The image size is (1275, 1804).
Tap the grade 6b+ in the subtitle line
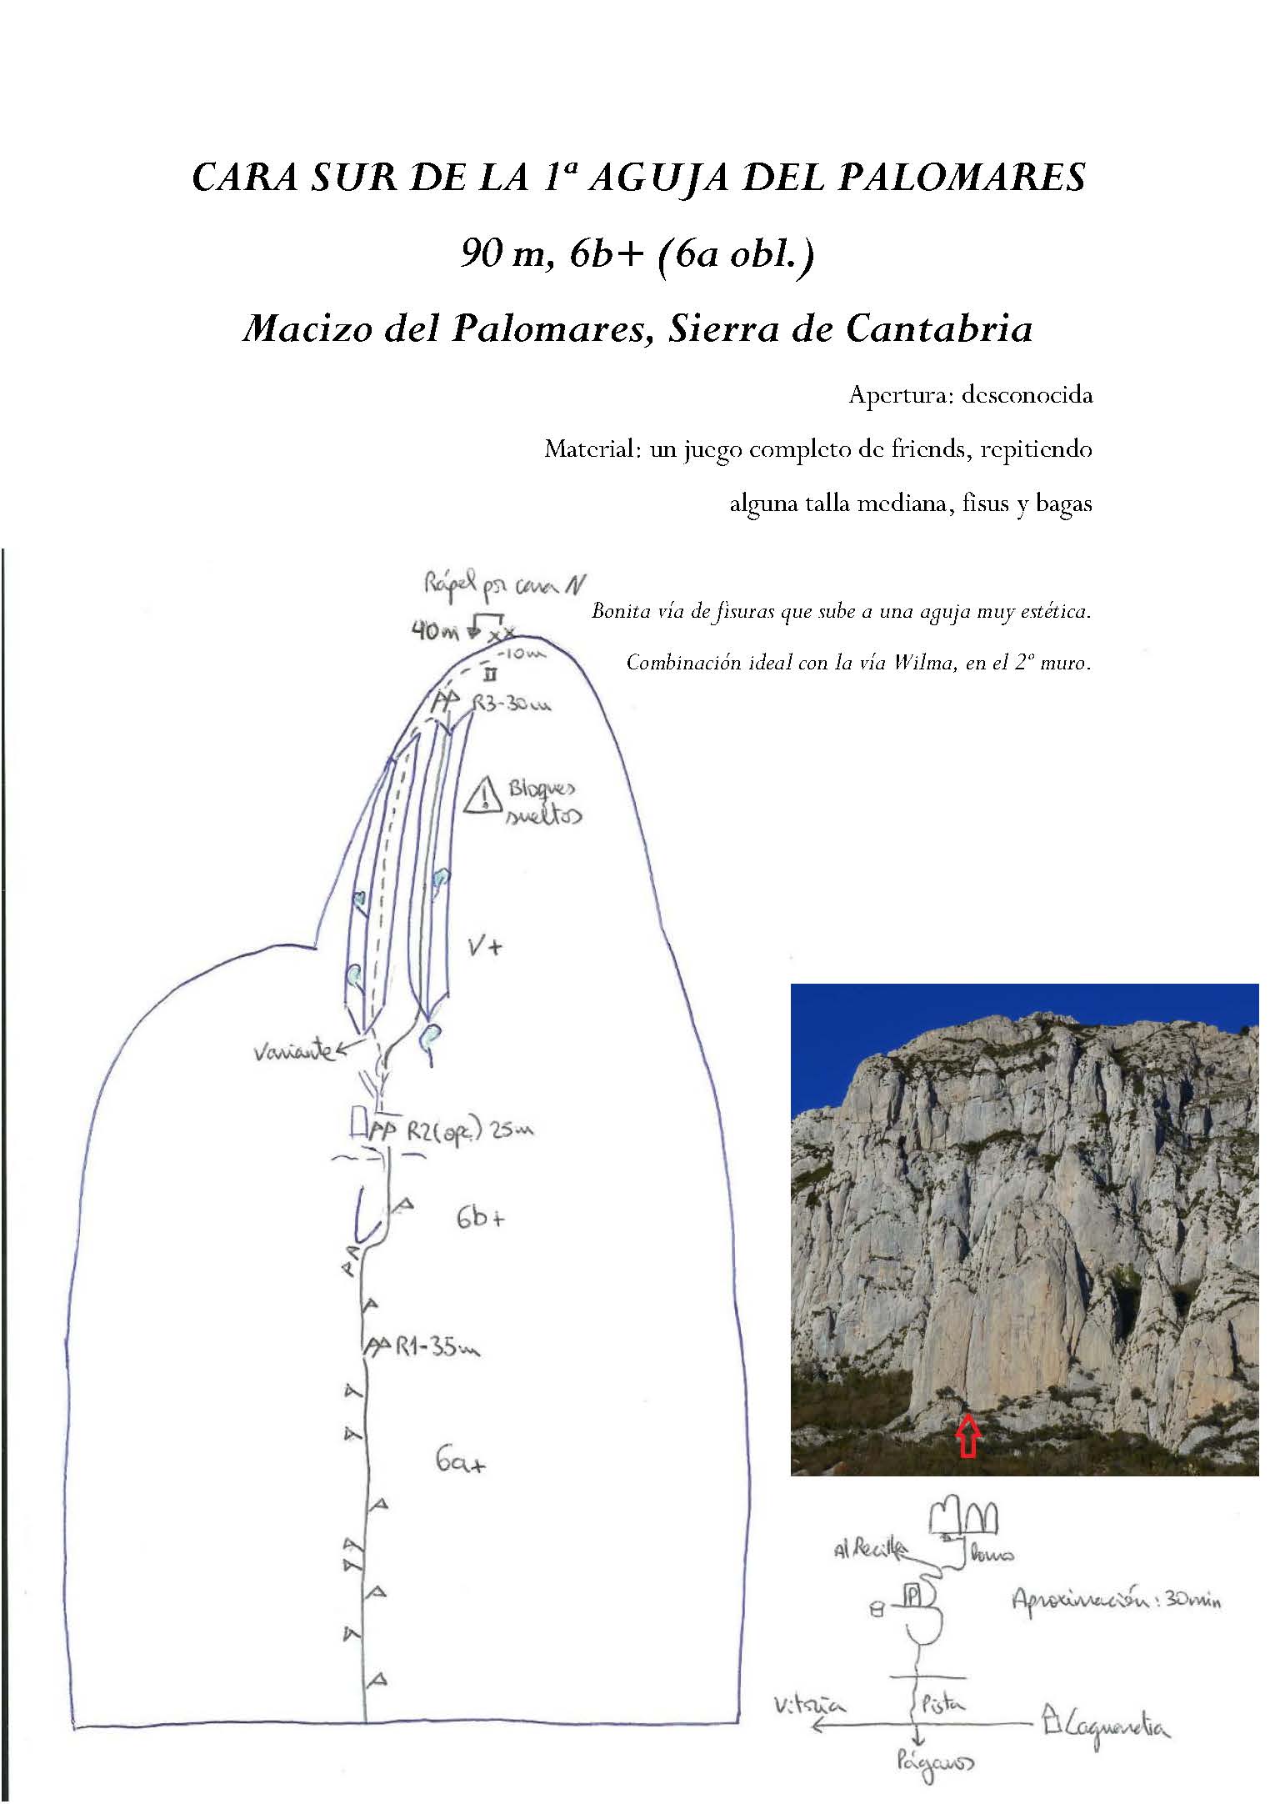(607, 254)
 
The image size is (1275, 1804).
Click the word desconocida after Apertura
(1027, 394)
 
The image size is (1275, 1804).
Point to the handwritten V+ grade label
(484, 946)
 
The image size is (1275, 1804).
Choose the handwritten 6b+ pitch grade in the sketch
(480, 1218)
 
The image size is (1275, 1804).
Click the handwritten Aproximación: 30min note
(1116, 1600)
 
